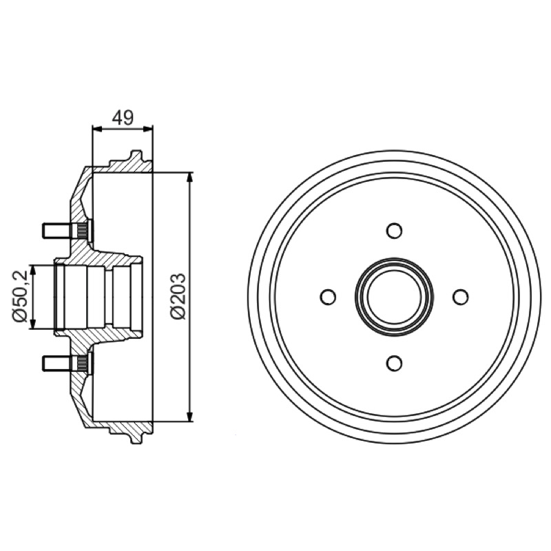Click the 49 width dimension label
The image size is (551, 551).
coord(123,118)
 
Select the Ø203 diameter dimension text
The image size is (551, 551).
coord(178,297)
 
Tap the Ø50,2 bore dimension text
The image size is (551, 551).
coord(21,296)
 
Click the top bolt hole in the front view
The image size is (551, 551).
coord(394,231)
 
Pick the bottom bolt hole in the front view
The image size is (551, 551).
coord(394,363)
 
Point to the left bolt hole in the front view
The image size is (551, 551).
coord(328,297)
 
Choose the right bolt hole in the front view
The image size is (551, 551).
coord(460,297)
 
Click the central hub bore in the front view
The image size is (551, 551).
coord(394,297)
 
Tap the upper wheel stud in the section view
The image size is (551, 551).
coord(67,231)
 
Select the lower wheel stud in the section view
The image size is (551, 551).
coord(67,363)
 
